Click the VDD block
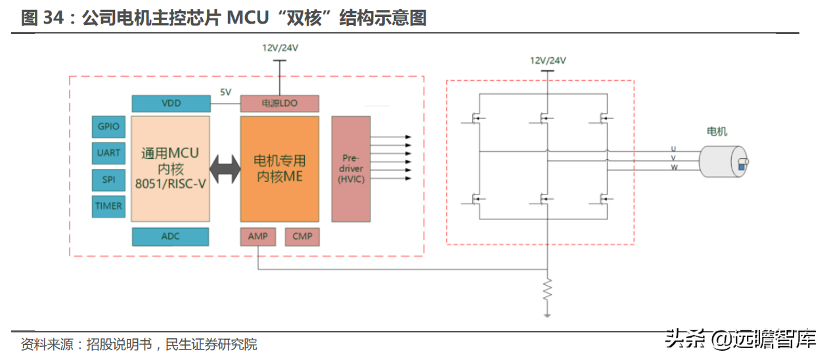point(171,103)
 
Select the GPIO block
point(108,126)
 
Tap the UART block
point(108,152)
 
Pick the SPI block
point(108,179)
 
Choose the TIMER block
point(108,206)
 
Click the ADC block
point(171,236)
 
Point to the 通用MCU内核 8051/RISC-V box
point(171,169)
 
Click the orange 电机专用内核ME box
point(279,169)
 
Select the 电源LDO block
point(279,103)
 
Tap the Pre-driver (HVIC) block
point(351,169)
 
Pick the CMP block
point(302,236)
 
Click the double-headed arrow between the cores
point(225,169)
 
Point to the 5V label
point(225,92)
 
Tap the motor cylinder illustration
point(722,162)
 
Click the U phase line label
point(673,148)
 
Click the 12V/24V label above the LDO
point(280,48)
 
